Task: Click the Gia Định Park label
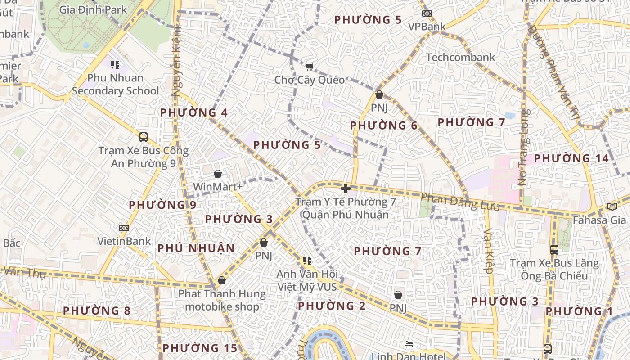point(93,9)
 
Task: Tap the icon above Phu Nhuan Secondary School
point(115,65)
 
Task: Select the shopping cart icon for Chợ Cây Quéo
point(309,67)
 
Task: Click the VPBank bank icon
point(427,14)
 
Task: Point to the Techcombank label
point(460,58)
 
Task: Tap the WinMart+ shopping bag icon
point(218,174)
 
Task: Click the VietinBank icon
point(124,229)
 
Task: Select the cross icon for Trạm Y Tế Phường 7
point(346,189)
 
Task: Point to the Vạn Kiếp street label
point(489,251)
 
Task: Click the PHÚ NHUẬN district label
point(196,248)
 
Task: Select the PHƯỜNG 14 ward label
point(571,159)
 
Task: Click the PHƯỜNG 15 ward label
point(199,348)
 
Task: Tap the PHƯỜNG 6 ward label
point(384,126)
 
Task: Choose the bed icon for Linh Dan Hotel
point(409,344)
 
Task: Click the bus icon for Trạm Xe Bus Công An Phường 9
point(144,137)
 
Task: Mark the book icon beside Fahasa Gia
point(612,207)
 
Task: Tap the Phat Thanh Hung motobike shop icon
point(221,281)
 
